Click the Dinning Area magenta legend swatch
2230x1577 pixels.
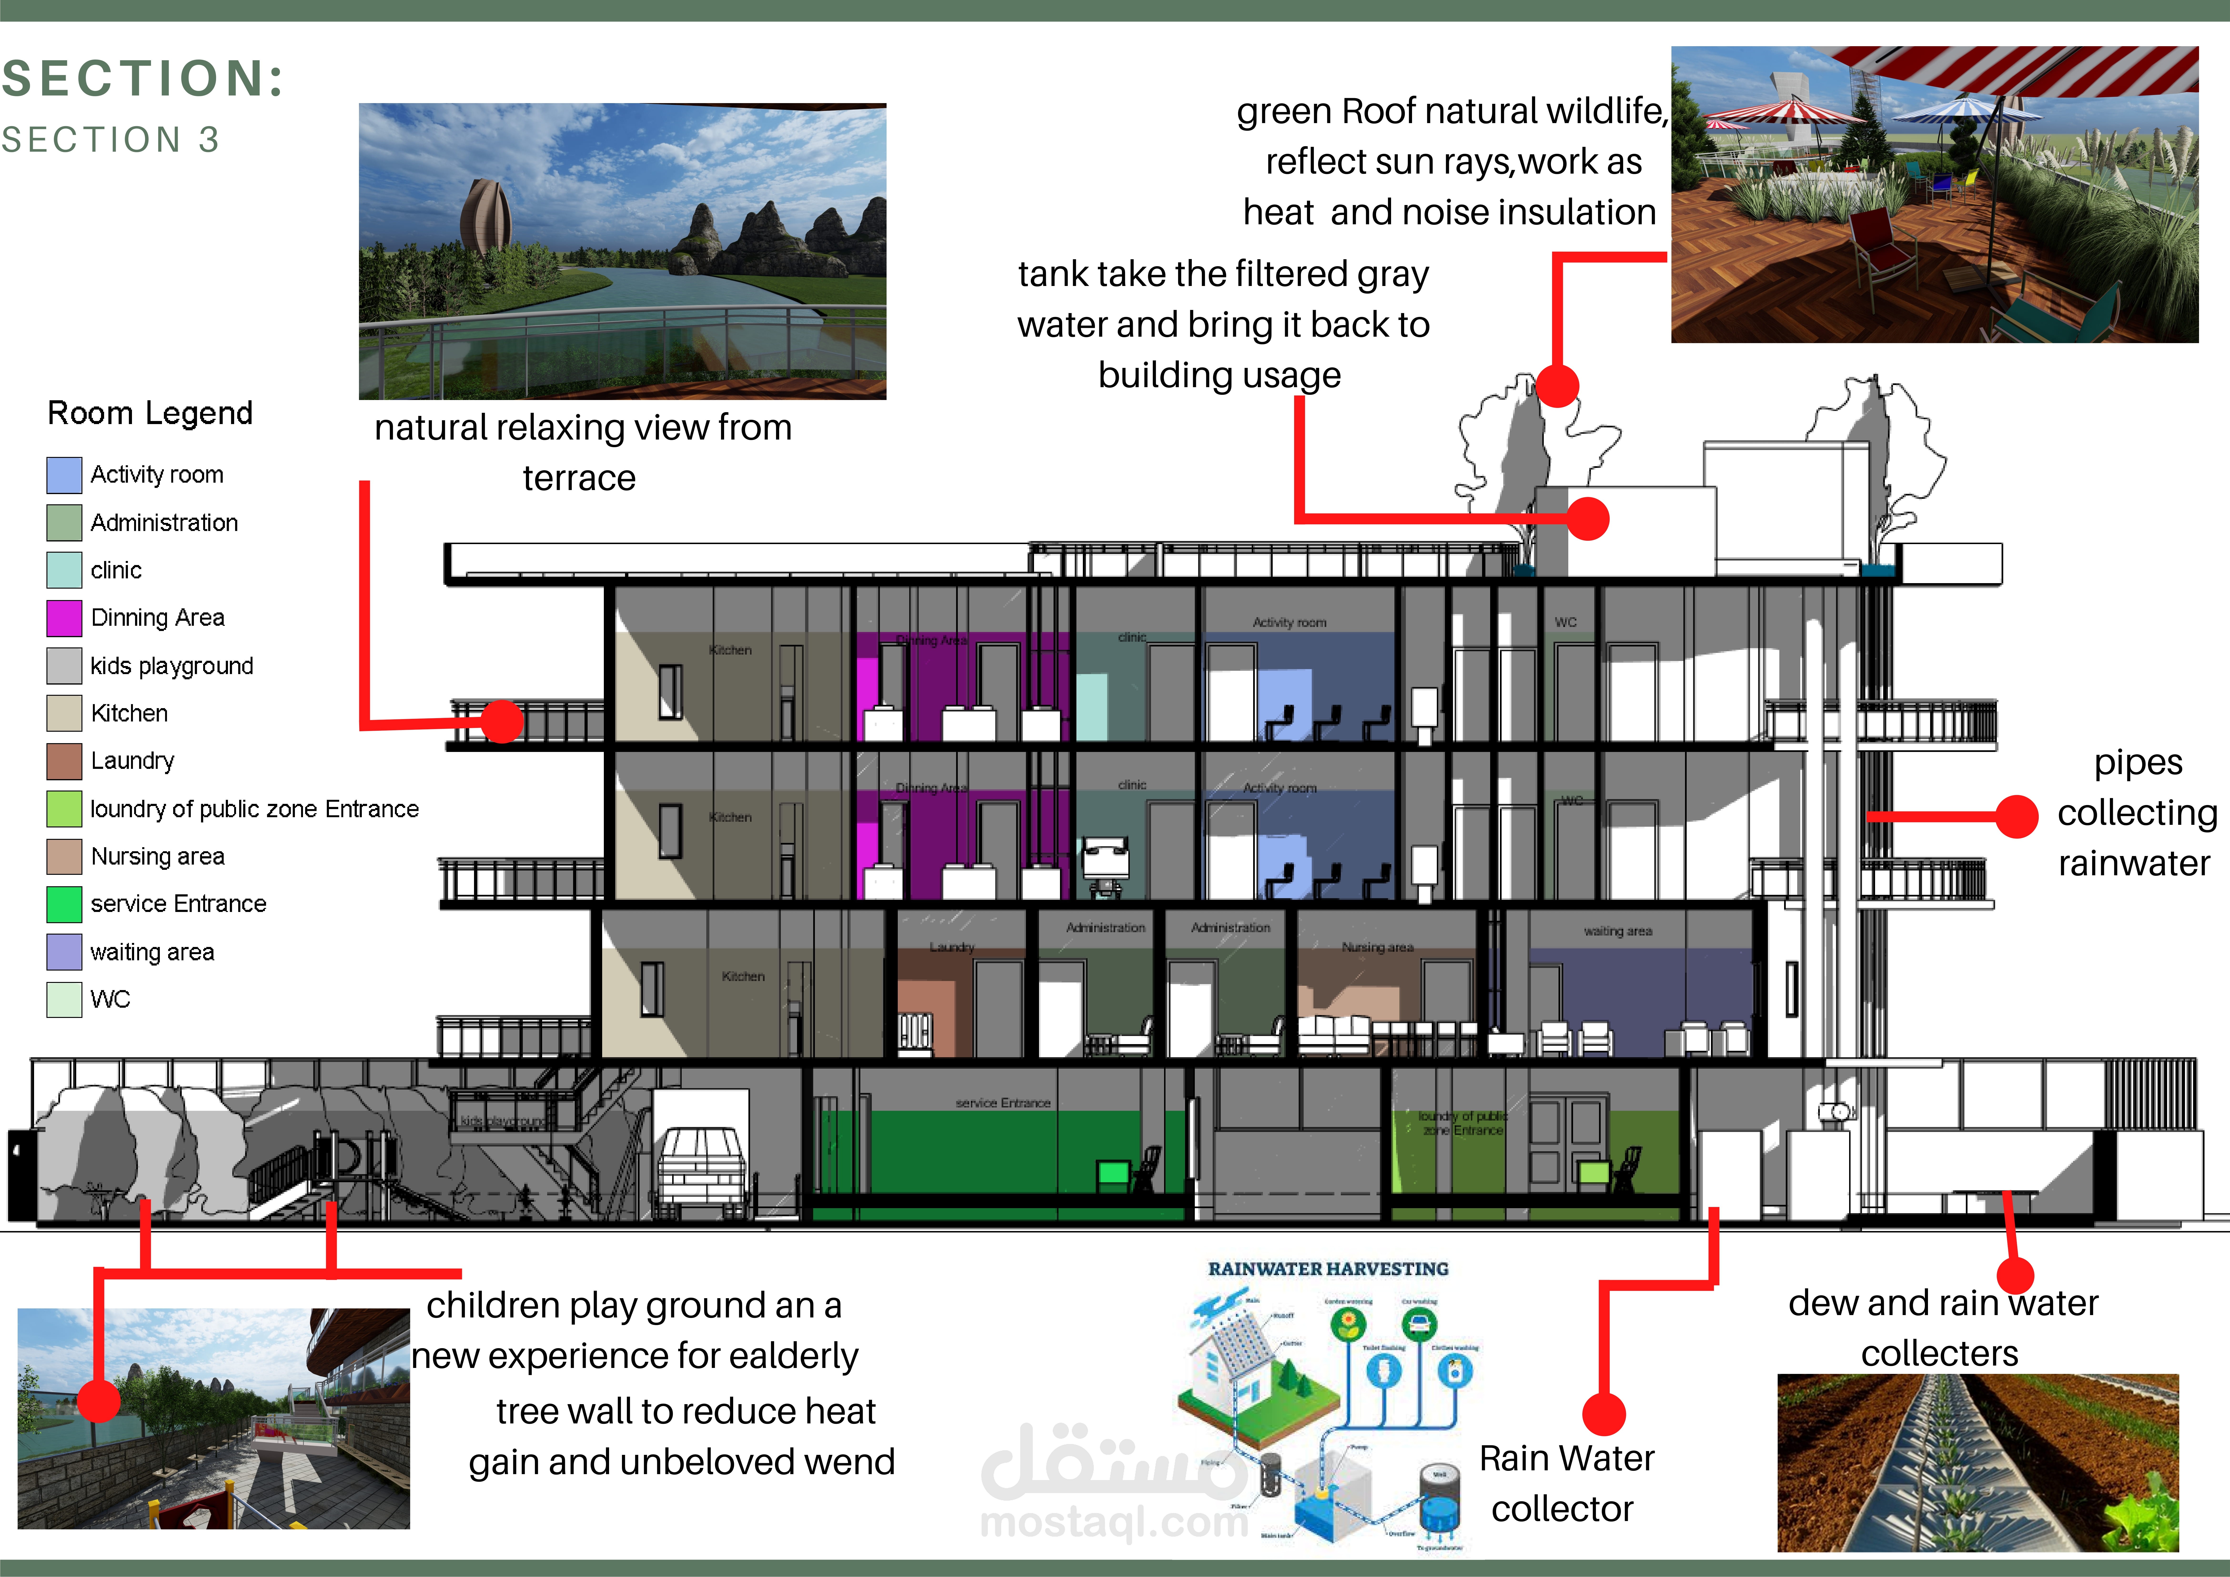(64, 618)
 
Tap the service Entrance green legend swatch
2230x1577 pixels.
(64, 904)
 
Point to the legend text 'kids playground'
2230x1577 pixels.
(172, 666)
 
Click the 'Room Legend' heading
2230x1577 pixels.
(151, 414)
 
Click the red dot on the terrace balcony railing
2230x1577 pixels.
(502, 721)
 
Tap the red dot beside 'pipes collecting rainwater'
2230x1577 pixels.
(2016, 817)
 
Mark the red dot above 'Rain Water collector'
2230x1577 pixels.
(1604, 1415)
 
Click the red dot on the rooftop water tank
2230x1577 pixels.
(1589, 519)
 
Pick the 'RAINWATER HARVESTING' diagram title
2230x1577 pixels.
(1328, 1269)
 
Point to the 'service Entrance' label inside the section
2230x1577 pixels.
(1002, 1103)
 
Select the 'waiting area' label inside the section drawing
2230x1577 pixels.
(1617, 931)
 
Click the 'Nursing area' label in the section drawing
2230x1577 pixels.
(1377, 947)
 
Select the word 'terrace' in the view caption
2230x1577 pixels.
(579, 479)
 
